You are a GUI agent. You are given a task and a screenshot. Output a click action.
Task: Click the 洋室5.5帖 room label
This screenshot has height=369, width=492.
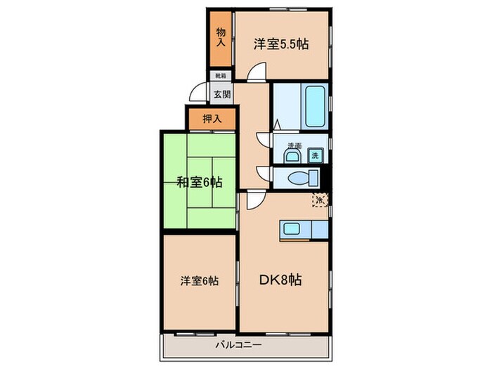point(282,44)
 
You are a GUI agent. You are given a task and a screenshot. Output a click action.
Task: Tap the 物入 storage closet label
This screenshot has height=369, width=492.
point(221,37)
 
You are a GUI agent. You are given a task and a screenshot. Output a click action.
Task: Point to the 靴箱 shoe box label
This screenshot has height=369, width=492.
point(220,75)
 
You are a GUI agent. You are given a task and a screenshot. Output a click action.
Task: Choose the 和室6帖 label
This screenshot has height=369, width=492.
point(199,183)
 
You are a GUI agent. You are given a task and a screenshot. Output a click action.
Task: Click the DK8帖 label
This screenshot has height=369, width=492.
point(283,280)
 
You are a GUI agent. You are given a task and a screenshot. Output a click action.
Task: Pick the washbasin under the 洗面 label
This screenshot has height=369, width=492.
point(293,155)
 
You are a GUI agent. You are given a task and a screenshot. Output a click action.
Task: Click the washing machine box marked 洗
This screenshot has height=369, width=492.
point(315,155)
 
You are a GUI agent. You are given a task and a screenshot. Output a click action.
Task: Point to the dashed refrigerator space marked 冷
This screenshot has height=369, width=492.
point(320,200)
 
